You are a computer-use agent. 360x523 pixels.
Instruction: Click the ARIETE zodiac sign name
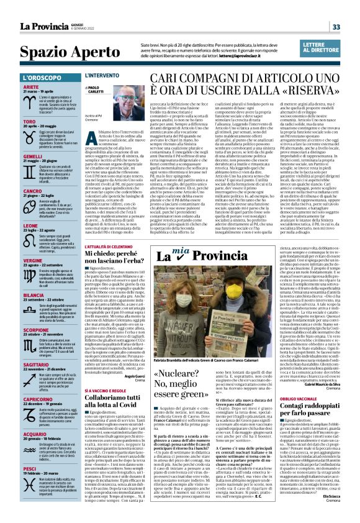(31, 87)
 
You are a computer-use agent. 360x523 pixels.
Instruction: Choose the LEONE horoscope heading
(31, 225)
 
